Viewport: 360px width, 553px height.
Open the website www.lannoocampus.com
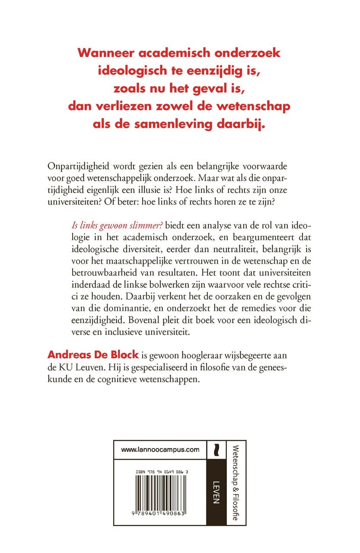click(x=160, y=450)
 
